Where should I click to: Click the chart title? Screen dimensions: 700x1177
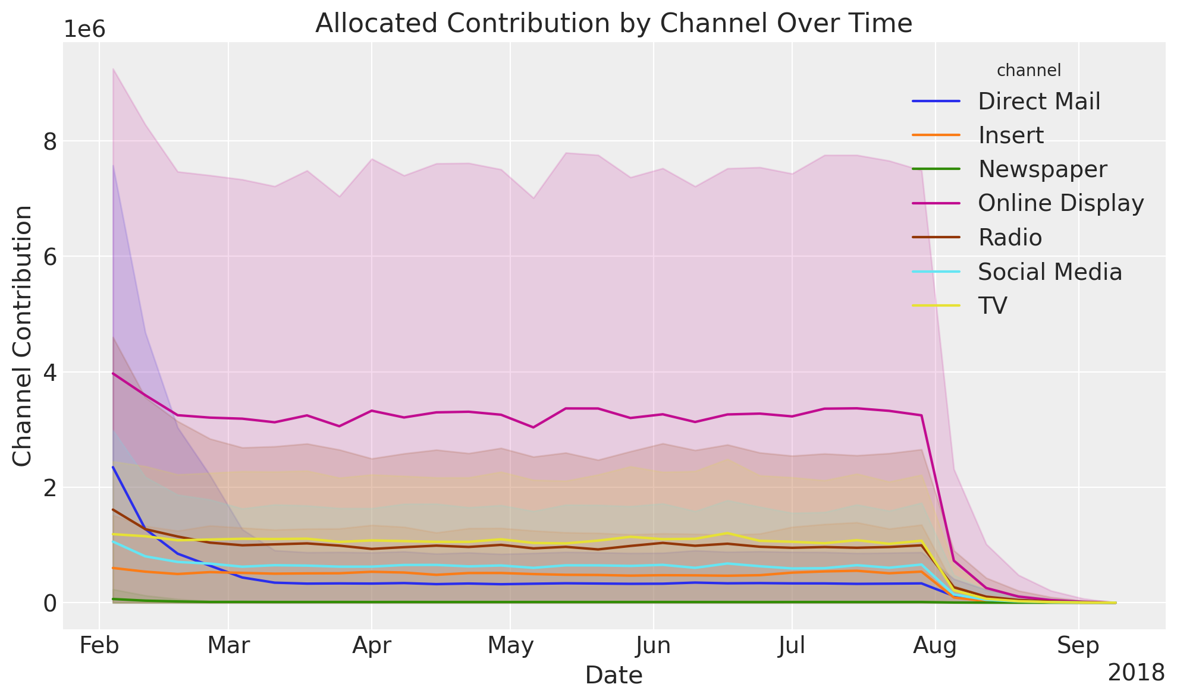tap(613, 24)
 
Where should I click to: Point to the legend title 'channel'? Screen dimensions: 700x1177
tap(1028, 71)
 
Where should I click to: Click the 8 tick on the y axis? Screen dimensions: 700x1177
tap(49, 141)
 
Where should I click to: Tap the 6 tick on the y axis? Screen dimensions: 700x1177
tap(49, 257)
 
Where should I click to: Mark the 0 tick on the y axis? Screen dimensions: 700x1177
tap(49, 603)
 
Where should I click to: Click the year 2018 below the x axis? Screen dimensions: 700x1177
tap(1136, 673)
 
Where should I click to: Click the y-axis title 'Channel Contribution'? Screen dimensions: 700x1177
tap(23, 336)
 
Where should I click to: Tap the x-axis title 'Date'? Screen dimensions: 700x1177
tap(613, 676)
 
